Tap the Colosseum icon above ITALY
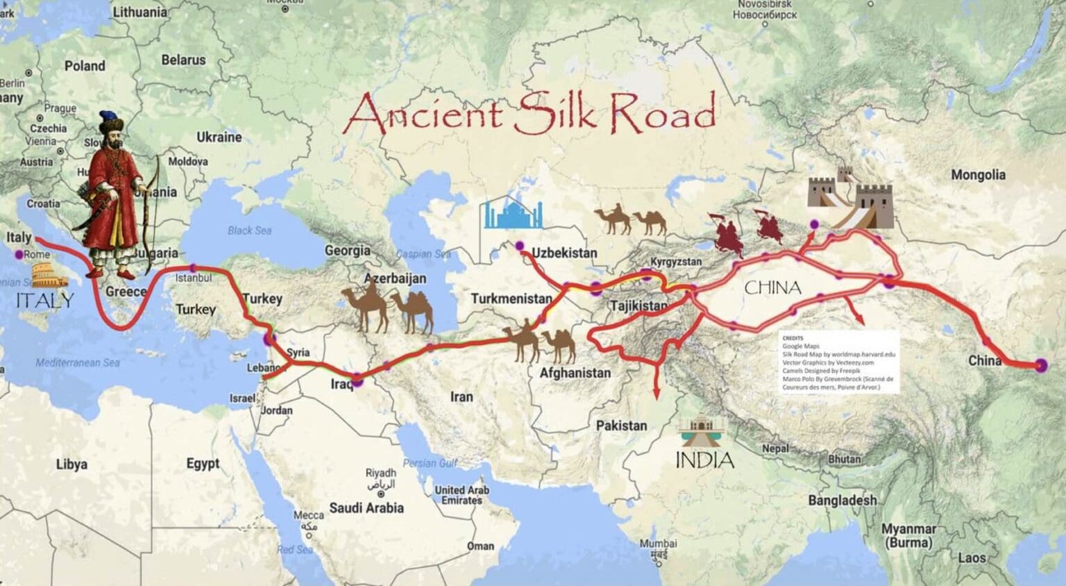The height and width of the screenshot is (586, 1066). pyautogui.click(x=49, y=279)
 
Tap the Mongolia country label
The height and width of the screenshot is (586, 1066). pyautogui.click(x=977, y=175)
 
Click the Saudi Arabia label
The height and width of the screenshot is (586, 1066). pyautogui.click(x=366, y=508)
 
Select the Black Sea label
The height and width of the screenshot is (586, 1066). pyautogui.click(x=249, y=231)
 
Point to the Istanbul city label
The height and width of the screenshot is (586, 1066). pyautogui.click(x=194, y=278)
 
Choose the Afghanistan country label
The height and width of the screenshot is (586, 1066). pyautogui.click(x=575, y=373)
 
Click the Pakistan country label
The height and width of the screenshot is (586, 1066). pyautogui.click(x=621, y=425)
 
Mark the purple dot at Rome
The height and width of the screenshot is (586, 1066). pyautogui.click(x=20, y=255)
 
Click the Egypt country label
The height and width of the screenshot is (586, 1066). pyautogui.click(x=203, y=463)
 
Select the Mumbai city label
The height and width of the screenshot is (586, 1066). pyautogui.click(x=657, y=544)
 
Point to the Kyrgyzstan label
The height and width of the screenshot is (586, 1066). pyautogui.click(x=675, y=262)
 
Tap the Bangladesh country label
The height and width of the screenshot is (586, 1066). pyautogui.click(x=842, y=500)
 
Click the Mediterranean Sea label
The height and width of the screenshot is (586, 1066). pyautogui.click(x=77, y=362)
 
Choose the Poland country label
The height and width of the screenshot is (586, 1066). pyautogui.click(x=85, y=66)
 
